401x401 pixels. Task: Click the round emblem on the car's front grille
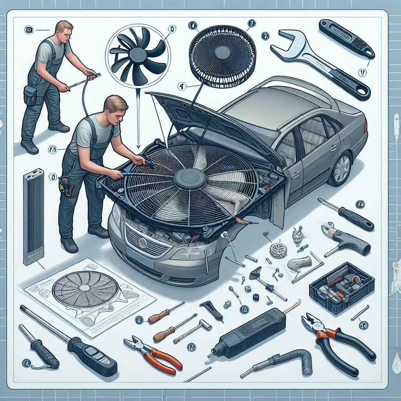[143, 244]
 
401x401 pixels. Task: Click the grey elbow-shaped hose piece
[300, 263]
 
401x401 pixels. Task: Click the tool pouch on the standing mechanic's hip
[30, 95]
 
